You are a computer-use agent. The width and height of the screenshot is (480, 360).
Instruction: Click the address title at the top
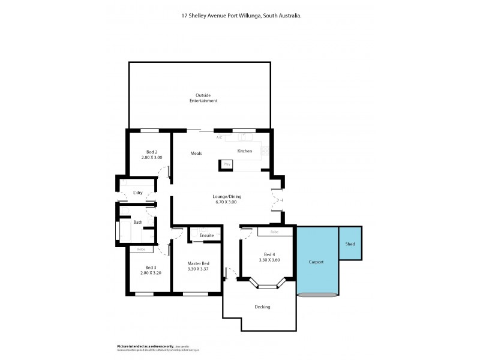(x=241, y=17)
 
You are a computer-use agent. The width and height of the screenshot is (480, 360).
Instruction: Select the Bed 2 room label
(x=152, y=152)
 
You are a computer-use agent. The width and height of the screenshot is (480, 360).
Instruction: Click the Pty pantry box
(x=227, y=164)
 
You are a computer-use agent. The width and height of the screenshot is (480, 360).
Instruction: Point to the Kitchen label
(x=245, y=151)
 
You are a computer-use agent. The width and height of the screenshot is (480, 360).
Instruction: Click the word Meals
(x=196, y=154)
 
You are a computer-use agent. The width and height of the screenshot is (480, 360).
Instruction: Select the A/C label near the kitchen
(x=220, y=137)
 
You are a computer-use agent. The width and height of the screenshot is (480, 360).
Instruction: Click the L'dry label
(x=137, y=193)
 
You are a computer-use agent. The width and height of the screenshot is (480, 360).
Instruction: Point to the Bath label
(x=138, y=222)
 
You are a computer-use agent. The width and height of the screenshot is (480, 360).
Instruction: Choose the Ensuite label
(x=206, y=235)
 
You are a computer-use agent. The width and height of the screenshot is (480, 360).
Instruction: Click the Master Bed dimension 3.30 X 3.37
(x=198, y=269)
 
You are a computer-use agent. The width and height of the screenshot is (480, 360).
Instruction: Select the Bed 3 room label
(x=151, y=268)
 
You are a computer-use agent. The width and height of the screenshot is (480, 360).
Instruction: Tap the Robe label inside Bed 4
(x=274, y=232)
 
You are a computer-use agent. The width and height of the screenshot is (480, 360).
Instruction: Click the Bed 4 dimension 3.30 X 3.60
(x=269, y=260)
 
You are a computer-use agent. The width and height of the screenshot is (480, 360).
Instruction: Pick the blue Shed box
(x=350, y=244)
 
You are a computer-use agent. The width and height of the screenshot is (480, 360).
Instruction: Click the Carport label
(x=316, y=262)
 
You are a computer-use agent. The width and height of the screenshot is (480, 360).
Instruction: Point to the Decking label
(x=262, y=307)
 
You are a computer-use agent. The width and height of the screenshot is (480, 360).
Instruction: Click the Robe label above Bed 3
(x=141, y=249)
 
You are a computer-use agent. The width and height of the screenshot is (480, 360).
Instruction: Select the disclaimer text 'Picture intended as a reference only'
(x=141, y=346)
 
